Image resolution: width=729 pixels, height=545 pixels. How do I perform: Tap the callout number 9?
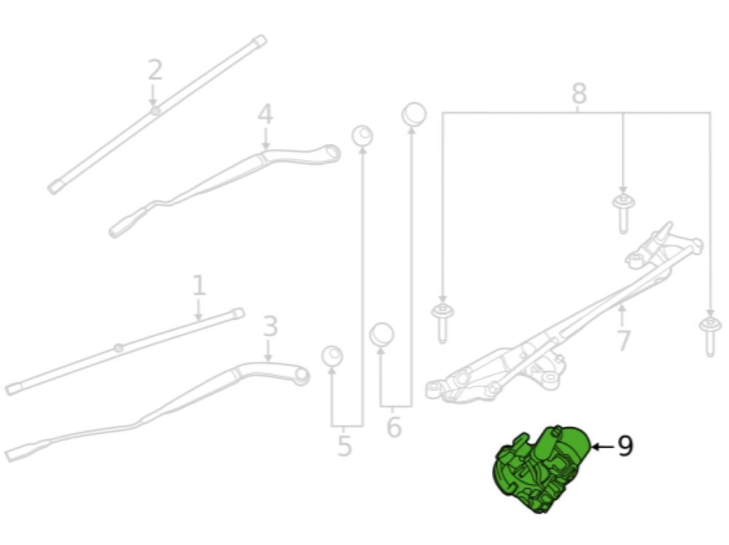pyautogui.click(x=625, y=446)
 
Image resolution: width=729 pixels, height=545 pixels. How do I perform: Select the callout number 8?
pyautogui.click(x=578, y=94)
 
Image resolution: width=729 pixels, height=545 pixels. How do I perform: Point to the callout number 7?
pyautogui.click(x=623, y=340)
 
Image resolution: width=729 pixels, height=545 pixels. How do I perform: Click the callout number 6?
pyautogui.click(x=394, y=428)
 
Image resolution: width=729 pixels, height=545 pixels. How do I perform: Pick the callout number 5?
pyautogui.click(x=345, y=446)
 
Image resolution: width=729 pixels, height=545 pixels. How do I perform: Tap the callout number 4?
pyautogui.click(x=265, y=114)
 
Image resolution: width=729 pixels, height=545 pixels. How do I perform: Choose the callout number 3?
pyautogui.click(x=270, y=327)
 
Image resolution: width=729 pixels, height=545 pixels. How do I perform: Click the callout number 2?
pyautogui.click(x=155, y=71)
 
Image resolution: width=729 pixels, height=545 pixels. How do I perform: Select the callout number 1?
pyautogui.click(x=199, y=286)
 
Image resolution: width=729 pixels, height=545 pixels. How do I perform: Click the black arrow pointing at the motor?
pyautogui.click(x=601, y=446)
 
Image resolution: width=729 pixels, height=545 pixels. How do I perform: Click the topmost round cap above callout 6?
pyautogui.click(x=414, y=114)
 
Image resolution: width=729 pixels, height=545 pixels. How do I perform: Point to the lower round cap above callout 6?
pyautogui.click(x=381, y=335)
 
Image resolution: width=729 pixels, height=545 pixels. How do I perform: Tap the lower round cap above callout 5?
pyautogui.click(x=332, y=356)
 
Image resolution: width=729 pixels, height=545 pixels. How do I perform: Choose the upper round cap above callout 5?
pyautogui.click(x=362, y=135)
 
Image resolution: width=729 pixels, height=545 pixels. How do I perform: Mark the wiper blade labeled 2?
pyautogui.click(x=157, y=113)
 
